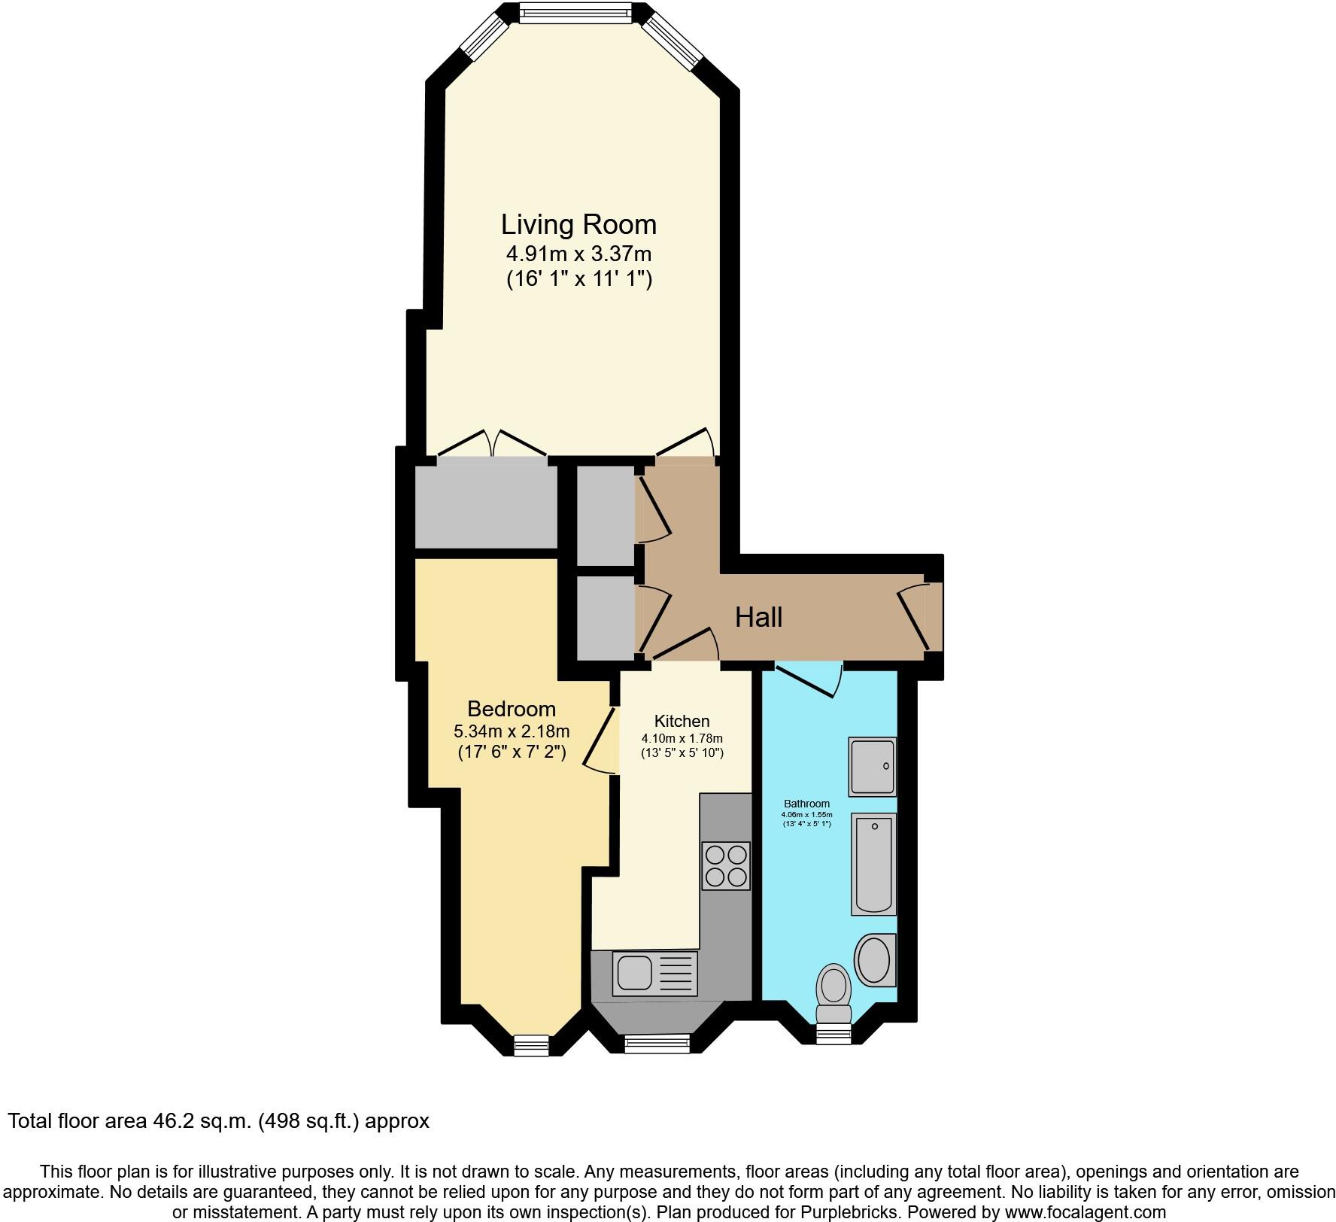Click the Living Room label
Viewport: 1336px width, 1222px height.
tap(578, 224)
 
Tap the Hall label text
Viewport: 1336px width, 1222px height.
tap(758, 617)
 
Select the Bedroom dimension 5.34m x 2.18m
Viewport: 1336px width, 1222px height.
tap(512, 731)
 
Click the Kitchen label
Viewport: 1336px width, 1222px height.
tap(682, 721)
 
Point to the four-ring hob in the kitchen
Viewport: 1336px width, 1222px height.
tap(726, 865)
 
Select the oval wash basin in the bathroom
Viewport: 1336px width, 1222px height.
tap(875, 960)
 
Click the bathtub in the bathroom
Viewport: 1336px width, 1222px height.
tap(874, 864)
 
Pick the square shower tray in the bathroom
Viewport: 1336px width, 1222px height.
tap(873, 766)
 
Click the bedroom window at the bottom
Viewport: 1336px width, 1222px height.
tap(532, 1045)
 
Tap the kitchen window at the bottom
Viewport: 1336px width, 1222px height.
tap(657, 1042)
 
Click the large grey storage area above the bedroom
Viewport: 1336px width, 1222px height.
tap(486, 507)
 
